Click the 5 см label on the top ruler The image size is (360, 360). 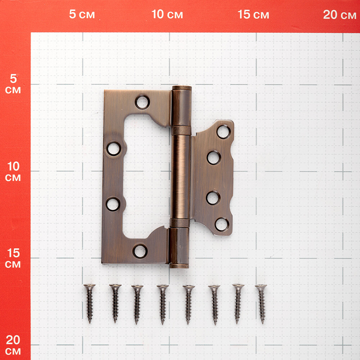pyautogui.click(x=82, y=14)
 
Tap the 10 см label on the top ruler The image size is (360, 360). pyautogui.click(x=167, y=14)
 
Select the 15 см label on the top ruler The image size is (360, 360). pyautogui.click(x=253, y=14)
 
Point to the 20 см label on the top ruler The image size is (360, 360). pyautogui.click(x=339, y=15)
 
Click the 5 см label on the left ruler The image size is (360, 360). pyautogui.click(x=13, y=84)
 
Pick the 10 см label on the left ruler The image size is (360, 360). pyautogui.click(x=13, y=171)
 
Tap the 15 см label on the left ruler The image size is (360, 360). pyautogui.click(x=13, y=258)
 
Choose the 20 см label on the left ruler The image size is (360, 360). pyautogui.click(x=13, y=345)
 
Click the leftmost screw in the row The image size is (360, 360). pyautogui.click(x=89, y=303)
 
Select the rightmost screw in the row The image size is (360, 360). pyautogui.click(x=261, y=304)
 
